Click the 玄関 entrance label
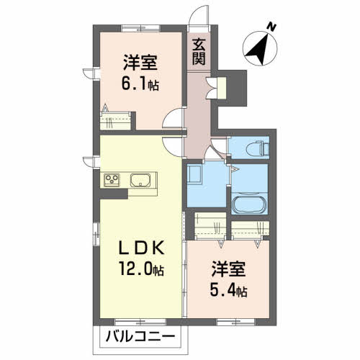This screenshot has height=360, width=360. click(199, 52)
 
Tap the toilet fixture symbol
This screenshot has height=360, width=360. click(258, 149)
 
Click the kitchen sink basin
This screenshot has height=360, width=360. click(140, 180)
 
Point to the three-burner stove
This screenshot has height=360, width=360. click(112, 180)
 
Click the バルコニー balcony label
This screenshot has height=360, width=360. click(140, 336)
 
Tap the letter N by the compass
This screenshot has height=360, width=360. click(271, 27)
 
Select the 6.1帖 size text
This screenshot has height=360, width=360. click(140, 84)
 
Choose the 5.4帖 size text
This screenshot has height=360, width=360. click(228, 291)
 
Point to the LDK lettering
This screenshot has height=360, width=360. click(142, 248)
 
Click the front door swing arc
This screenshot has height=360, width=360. click(197, 12)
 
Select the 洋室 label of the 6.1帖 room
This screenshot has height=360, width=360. click(140, 63)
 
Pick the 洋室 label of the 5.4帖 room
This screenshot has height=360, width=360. click(228, 269)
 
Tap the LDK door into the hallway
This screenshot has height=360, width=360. click(173, 147)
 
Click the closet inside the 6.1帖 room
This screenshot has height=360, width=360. click(115, 121)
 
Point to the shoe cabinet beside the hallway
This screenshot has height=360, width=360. click(221, 88)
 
